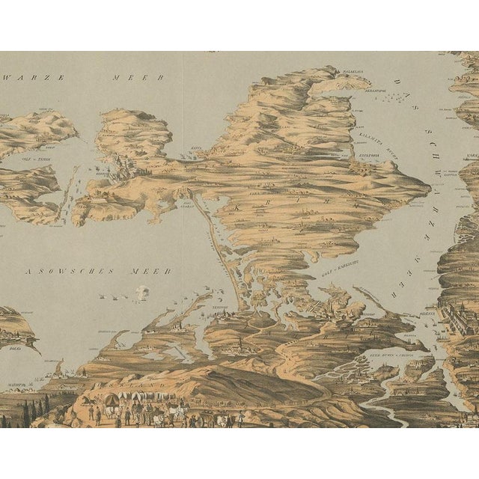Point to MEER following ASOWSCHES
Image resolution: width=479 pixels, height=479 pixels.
[155, 270]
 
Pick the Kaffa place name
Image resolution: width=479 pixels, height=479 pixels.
[197, 149]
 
